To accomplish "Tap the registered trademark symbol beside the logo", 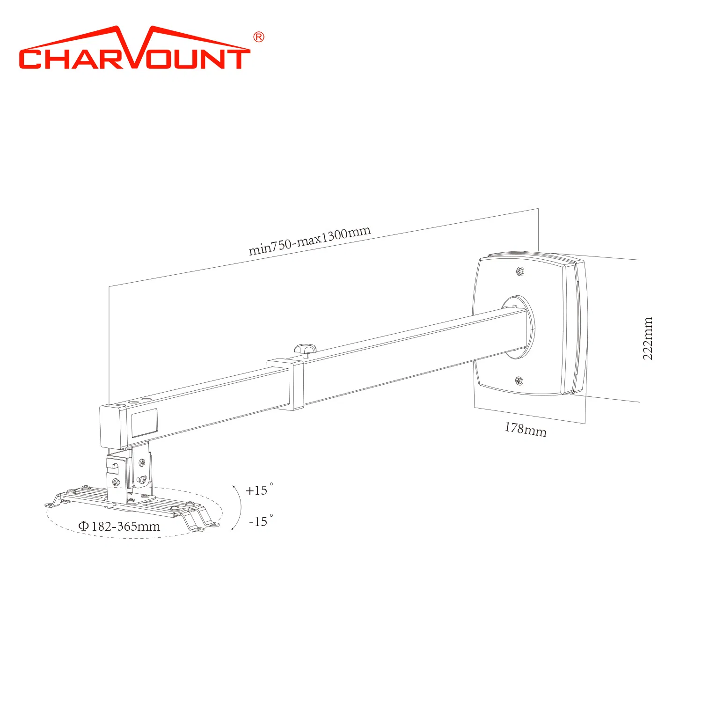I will click(258, 37).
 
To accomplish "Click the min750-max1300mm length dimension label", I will click(309, 241).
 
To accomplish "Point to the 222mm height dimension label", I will click(647, 338).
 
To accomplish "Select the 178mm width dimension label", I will click(525, 429).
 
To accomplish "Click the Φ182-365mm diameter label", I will click(119, 526).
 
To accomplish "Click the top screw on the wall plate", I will click(520, 271).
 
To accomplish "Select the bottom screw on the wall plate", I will click(519, 380).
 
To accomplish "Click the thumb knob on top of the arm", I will click(305, 349).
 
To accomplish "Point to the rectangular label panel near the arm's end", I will click(144, 423).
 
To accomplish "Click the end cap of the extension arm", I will click(110, 427).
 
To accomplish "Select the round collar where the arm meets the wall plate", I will click(519, 327).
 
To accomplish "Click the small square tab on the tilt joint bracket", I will click(113, 466).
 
